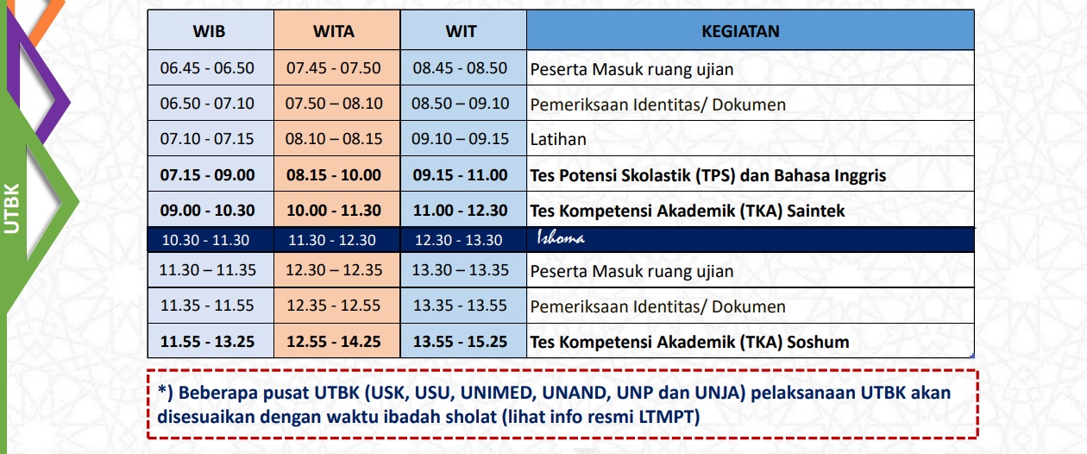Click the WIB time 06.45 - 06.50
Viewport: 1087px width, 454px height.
pyautogui.click(x=207, y=68)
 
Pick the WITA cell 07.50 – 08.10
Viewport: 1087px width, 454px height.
pyautogui.click(x=334, y=104)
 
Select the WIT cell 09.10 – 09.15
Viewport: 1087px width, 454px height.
pyautogui.click(x=460, y=139)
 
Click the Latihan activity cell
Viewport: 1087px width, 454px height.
pyautogui.click(x=558, y=139)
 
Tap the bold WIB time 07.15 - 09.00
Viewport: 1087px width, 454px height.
pyautogui.click(x=207, y=175)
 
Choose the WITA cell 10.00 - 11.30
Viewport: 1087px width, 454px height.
pyautogui.click(x=334, y=211)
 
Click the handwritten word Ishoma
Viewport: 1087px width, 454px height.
pyautogui.click(x=561, y=237)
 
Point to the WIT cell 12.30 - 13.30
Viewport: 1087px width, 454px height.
pyautogui.click(x=459, y=240)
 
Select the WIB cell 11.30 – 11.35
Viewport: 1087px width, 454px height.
pyautogui.click(x=207, y=270)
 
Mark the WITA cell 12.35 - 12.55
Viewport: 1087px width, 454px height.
pyautogui.click(x=333, y=306)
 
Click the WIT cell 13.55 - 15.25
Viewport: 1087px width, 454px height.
pyautogui.click(x=460, y=341)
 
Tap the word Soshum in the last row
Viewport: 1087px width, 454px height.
pyautogui.click(x=818, y=342)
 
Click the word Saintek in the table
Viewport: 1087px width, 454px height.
pyautogui.click(x=816, y=211)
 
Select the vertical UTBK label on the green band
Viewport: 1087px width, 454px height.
pyautogui.click(x=12, y=208)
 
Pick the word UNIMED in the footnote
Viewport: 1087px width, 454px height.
pyautogui.click(x=499, y=393)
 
